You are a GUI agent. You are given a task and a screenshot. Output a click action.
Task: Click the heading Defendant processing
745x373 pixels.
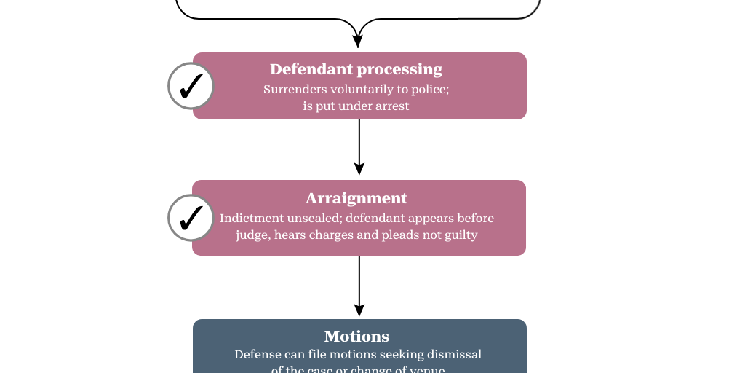[356, 69]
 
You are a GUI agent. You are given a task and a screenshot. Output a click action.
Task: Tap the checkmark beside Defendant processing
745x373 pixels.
[191, 87]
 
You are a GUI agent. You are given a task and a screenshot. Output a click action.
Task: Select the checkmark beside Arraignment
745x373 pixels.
[191, 218]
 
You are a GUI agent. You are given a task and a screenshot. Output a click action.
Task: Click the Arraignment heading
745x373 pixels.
[356, 198]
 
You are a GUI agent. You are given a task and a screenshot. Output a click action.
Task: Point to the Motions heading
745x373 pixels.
[356, 337]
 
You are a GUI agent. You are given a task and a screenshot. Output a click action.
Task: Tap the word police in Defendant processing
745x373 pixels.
[431, 90]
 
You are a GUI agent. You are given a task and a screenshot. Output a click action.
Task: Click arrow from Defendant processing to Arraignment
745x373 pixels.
[359, 146]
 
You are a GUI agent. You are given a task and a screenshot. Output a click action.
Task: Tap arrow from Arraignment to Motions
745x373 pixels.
[359, 284]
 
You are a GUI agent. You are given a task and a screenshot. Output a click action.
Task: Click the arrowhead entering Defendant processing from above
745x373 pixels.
[357, 42]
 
